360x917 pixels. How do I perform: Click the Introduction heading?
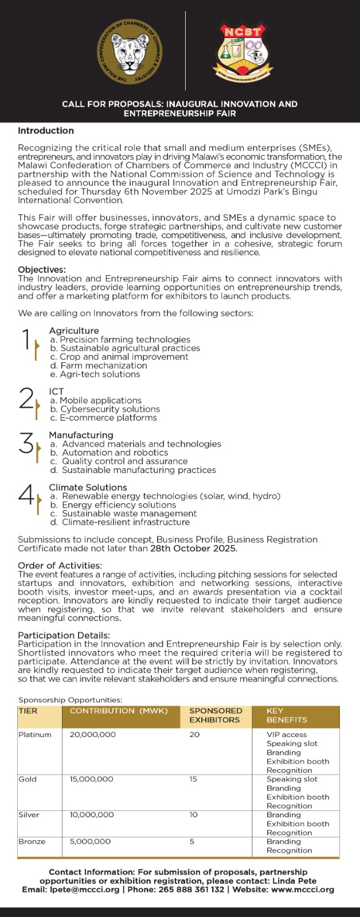pos(46,131)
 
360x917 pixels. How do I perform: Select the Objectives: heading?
pos(42,269)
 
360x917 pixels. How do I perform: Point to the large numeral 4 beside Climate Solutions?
pos(26,495)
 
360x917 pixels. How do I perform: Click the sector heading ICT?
pos(56,391)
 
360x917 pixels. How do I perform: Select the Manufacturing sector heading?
pos(81,435)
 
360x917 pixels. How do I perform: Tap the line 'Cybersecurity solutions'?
pos(110,409)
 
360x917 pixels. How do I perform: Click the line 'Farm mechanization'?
pos(103,366)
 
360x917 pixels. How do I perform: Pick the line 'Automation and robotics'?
pos(115,453)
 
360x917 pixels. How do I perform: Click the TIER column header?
pos(28,711)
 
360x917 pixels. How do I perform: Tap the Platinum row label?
pos(35,735)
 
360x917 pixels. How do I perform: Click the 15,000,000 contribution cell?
pos(92,779)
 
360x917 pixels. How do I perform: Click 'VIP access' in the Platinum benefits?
pos(287,735)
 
